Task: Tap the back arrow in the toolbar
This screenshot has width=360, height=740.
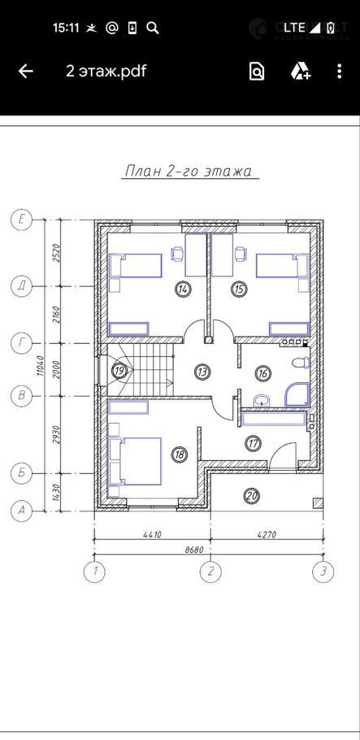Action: click(26, 72)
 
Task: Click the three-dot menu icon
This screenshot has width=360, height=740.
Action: click(339, 72)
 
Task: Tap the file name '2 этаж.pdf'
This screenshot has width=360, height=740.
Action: click(106, 72)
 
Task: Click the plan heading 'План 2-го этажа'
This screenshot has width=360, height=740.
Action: click(189, 171)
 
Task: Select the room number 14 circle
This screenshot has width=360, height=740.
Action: click(182, 289)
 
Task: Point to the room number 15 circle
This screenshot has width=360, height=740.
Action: click(240, 289)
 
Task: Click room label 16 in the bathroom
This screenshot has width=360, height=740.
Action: click(262, 374)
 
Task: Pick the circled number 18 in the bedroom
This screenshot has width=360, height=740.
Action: click(179, 455)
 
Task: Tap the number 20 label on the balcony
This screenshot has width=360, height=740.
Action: click(252, 495)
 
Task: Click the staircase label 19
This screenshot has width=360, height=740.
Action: click(119, 371)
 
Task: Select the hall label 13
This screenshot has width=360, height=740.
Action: click(202, 372)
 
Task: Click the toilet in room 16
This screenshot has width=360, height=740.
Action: click(301, 363)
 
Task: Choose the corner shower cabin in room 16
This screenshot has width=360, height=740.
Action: click(297, 395)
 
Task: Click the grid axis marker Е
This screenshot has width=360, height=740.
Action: click(21, 220)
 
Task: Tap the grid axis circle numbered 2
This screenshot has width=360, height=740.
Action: click(210, 572)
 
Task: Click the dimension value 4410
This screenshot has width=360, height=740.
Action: click(152, 535)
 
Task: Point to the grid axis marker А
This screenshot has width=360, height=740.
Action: click(21, 510)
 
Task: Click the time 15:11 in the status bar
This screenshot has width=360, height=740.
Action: click(66, 28)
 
